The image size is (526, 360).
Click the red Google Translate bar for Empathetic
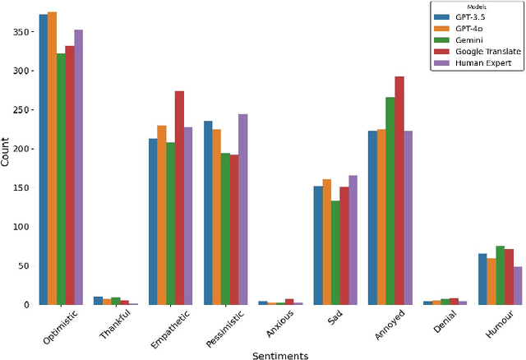pos(179,198)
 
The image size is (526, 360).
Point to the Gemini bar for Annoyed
pos(390,201)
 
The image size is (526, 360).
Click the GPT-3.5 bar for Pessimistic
pos(208,213)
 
